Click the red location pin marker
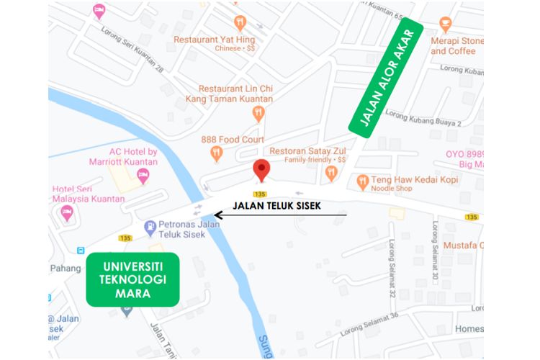(261, 171)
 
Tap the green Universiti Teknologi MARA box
(132, 279)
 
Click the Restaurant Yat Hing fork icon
(240, 22)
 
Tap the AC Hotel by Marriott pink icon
(143, 175)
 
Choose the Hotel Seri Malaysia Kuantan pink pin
(67, 212)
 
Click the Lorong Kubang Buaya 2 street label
(423, 118)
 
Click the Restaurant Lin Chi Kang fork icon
(258, 113)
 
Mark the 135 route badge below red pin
(260, 194)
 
